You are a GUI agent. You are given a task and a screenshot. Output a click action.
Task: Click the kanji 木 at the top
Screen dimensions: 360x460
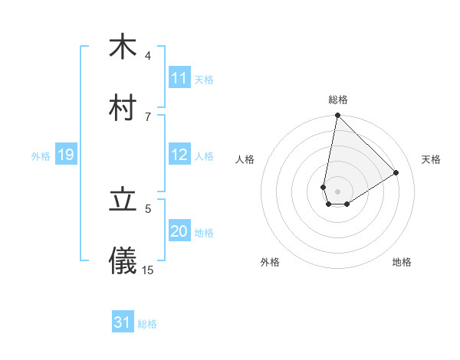pyautogui.click(x=123, y=47)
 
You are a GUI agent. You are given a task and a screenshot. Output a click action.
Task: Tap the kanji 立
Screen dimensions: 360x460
pyautogui.click(x=123, y=200)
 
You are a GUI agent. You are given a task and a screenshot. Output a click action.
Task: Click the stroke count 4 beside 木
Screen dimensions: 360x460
pyautogui.click(x=148, y=55)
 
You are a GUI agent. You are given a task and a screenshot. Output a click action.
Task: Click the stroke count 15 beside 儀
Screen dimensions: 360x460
pyautogui.click(x=148, y=270)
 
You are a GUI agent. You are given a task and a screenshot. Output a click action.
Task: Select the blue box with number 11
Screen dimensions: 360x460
pyautogui.click(x=179, y=78)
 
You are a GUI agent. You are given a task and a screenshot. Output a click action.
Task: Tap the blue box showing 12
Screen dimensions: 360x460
pyautogui.click(x=179, y=155)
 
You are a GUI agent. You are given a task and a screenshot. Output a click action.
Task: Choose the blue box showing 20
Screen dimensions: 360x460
pyautogui.click(x=179, y=231)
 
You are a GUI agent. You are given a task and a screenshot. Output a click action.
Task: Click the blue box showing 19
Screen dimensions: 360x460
pyautogui.click(x=66, y=155)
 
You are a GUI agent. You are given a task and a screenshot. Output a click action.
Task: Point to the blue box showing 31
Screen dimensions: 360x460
pyautogui.click(x=123, y=322)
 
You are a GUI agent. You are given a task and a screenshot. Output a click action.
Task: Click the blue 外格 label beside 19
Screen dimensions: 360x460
pyautogui.click(x=41, y=155)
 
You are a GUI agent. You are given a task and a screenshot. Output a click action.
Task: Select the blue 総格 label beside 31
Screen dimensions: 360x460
pyautogui.click(x=147, y=324)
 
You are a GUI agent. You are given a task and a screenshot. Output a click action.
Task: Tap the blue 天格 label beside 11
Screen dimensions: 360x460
pyautogui.click(x=204, y=79)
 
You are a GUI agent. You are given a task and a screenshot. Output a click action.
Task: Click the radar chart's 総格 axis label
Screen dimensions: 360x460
pyautogui.click(x=338, y=100)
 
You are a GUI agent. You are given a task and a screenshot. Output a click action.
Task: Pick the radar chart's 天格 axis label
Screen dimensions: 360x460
pyautogui.click(x=431, y=159)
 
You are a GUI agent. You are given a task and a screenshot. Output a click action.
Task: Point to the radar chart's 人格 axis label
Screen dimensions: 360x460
pyautogui.click(x=245, y=159)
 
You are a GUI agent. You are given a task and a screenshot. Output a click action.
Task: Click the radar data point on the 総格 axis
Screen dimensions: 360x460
pyautogui.click(x=337, y=116)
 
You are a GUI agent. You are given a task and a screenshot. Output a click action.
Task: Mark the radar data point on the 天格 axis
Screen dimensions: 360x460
pyautogui.click(x=396, y=172)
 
